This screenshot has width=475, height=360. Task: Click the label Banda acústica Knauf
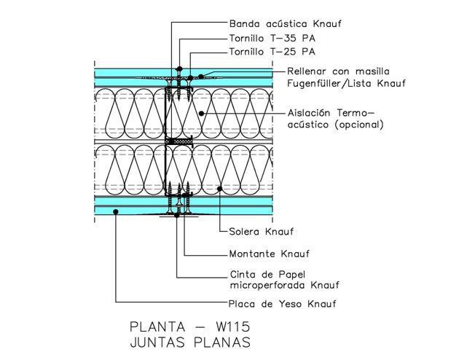286,23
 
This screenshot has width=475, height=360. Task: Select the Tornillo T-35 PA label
272,39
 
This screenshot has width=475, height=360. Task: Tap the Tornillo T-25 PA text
272,52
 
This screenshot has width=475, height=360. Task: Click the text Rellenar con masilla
338,71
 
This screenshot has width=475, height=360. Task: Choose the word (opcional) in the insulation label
359,125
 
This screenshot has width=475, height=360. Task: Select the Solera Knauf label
261,232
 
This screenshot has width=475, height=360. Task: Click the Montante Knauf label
270,254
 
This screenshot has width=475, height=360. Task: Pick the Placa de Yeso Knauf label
283,304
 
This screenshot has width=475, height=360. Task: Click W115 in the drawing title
233,326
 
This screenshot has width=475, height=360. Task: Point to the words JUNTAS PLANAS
190,343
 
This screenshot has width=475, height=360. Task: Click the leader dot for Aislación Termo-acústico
202,114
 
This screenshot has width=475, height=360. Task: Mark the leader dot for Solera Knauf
219,189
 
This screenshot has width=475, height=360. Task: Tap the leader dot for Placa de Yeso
116,211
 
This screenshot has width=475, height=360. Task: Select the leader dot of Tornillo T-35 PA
180,69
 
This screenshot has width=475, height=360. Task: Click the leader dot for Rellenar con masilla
200,76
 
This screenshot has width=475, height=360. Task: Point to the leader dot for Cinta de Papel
177,216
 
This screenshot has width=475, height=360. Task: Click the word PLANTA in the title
157,326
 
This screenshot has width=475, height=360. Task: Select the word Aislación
309,113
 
